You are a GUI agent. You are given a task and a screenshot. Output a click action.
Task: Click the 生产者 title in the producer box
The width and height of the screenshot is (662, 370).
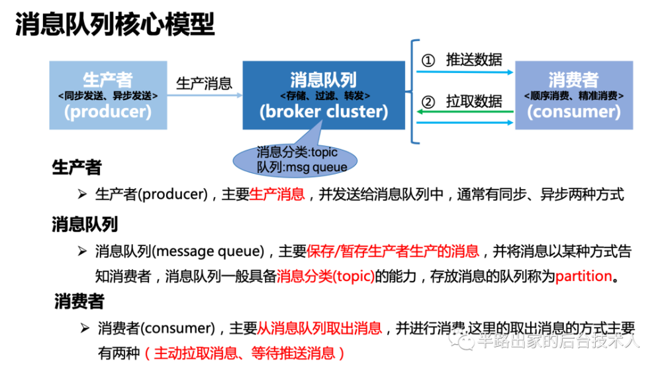point(108,80)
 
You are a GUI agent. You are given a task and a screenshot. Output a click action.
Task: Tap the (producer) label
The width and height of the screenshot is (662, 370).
point(108,111)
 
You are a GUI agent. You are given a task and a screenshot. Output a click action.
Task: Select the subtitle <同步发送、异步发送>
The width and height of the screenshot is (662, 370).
point(108,95)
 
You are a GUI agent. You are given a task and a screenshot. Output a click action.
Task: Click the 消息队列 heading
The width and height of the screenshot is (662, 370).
point(323,80)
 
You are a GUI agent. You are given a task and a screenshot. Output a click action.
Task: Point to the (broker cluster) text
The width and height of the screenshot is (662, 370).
point(323,111)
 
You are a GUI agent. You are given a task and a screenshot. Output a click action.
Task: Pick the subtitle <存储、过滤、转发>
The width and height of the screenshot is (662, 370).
point(323,95)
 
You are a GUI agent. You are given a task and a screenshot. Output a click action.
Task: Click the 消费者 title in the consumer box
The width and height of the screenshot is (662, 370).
point(573,80)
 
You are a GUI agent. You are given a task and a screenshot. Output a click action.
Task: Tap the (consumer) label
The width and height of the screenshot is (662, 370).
point(573,111)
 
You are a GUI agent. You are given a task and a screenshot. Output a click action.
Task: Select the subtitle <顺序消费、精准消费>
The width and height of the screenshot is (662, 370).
point(573,95)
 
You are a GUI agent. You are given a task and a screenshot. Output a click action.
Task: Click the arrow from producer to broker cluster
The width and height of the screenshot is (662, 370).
point(205,95)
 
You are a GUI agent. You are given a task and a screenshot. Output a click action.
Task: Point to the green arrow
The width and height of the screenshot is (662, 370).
point(464,112)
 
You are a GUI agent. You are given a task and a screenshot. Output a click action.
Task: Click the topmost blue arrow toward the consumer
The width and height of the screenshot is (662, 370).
point(464,72)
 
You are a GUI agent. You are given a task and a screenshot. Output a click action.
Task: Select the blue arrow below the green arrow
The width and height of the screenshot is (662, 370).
point(464,123)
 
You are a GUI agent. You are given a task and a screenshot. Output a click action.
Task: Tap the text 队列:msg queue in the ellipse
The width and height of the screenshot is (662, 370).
point(302,167)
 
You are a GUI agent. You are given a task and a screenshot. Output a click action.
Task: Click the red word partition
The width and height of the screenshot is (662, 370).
point(583,276)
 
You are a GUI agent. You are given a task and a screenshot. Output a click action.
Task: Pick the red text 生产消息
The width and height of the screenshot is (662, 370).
point(277,194)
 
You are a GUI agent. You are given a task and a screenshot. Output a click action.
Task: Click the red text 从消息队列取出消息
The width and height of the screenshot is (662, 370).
point(318,328)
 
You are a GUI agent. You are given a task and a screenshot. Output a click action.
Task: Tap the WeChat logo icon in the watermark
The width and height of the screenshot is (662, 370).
point(461,339)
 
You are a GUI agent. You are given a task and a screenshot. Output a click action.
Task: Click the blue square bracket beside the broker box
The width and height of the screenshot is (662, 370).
point(414,92)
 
